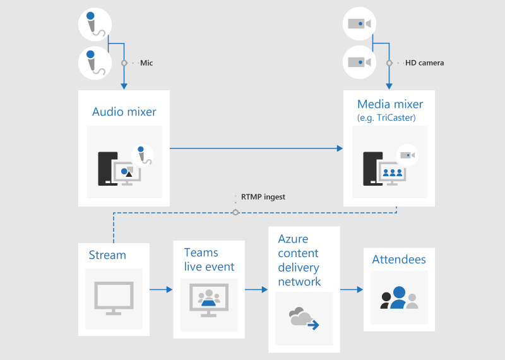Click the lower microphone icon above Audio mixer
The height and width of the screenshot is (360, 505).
click(x=94, y=62)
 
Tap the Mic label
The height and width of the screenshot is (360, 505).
click(x=146, y=63)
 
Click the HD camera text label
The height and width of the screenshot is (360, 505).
click(x=424, y=63)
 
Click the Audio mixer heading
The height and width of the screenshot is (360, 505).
click(x=124, y=112)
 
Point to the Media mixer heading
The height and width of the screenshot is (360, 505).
click(x=390, y=104)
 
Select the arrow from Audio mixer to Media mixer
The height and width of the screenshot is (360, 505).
click(x=256, y=148)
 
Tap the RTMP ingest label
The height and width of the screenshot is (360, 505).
click(x=263, y=197)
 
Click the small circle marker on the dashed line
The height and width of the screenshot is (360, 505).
click(x=235, y=212)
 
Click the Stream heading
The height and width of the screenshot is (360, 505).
click(x=107, y=255)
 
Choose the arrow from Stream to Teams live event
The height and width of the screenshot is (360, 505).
click(x=161, y=290)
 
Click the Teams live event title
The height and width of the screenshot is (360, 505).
click(x=209, y=260)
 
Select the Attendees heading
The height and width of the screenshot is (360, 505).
click(x=399, y=260)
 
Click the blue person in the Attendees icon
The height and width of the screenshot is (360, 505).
click(x=398, y=298)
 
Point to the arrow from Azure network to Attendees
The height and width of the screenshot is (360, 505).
click(x=352, y=290)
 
